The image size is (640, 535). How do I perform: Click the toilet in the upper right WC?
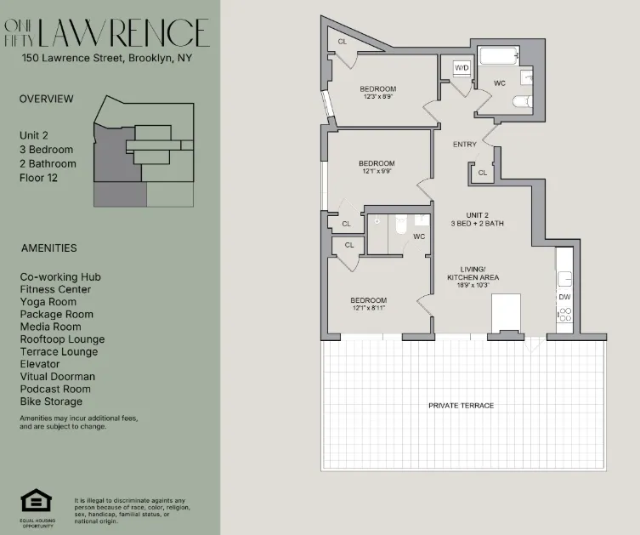[521, 102]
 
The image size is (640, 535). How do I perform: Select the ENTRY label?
[465, 145]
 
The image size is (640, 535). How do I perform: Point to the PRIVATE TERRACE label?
[461, 406]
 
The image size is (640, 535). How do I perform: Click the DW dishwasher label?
[564, 297]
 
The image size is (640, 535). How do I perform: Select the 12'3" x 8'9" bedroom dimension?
[377, 97]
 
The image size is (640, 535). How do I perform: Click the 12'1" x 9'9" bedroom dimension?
[377, 171]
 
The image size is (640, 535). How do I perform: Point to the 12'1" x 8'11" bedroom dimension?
[369, 309]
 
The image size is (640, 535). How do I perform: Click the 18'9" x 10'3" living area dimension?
[473, 287]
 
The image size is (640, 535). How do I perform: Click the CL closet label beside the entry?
[482, 173]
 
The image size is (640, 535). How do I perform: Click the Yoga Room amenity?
[48, 302]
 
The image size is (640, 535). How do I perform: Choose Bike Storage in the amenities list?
[52, 401]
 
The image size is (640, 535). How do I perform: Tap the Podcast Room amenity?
[55, 389]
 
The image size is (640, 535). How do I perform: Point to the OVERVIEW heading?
[47, 99]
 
